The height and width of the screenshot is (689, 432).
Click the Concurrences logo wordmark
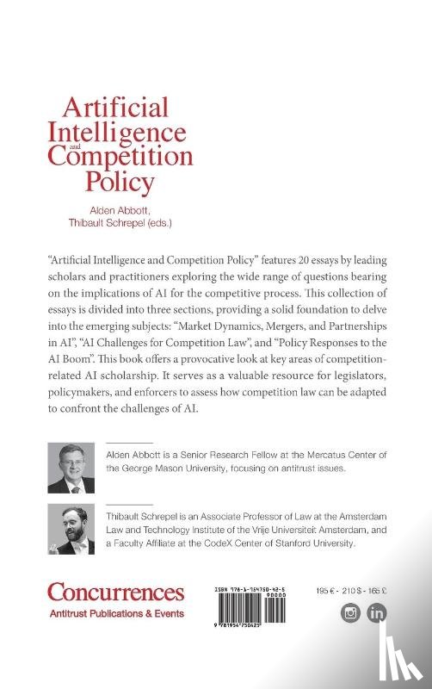115,593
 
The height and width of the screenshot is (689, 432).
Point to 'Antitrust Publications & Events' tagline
115,613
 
